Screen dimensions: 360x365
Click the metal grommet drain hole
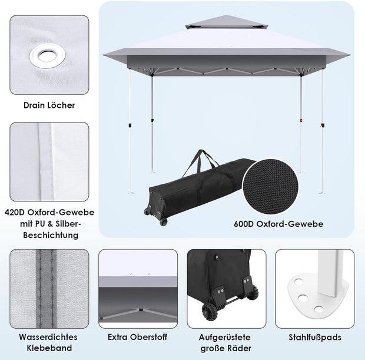tap(49, 56)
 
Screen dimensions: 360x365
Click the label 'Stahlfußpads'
tap(316, 338)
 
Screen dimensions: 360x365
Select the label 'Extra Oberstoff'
tap(138, 338)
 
